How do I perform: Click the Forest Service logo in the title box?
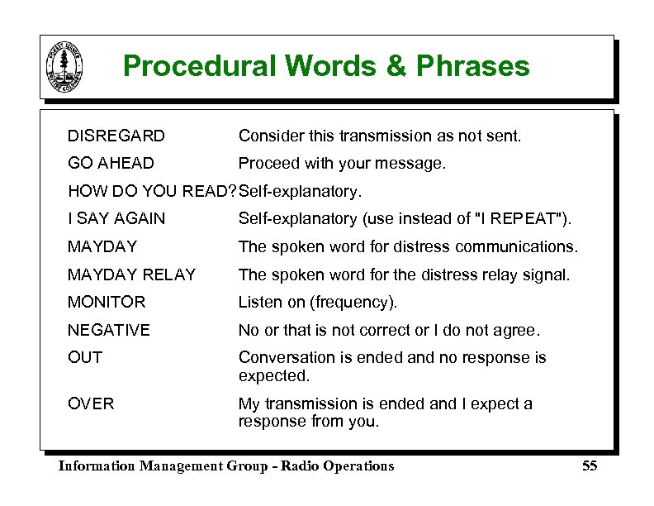[64, 67]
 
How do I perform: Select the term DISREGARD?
[116, 136]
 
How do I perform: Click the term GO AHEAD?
[111, 164]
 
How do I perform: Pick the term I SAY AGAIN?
[116, 219]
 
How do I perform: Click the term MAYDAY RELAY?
[132, 274]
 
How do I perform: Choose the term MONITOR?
[107, 303]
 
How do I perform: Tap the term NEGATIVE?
[109, 331]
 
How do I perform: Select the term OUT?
[85, 358]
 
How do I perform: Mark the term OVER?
[91, 404]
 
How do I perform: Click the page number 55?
[589, 466]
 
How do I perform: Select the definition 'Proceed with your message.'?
[342, 164]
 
